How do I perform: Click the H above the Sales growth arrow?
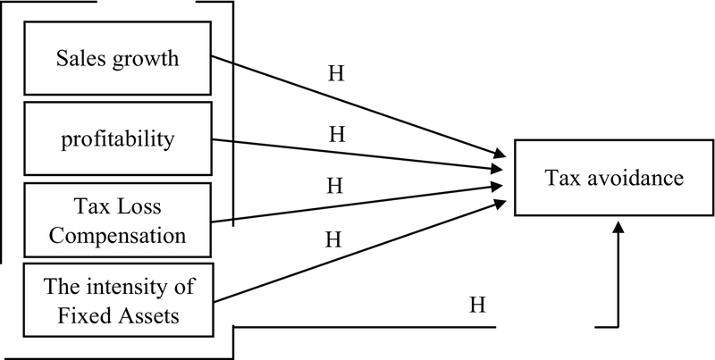[x=337, y=73]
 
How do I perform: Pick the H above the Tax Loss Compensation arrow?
[x=337, y=185]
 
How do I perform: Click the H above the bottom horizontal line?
[x=477, y=306]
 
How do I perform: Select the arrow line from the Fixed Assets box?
[x=357, y=254]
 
